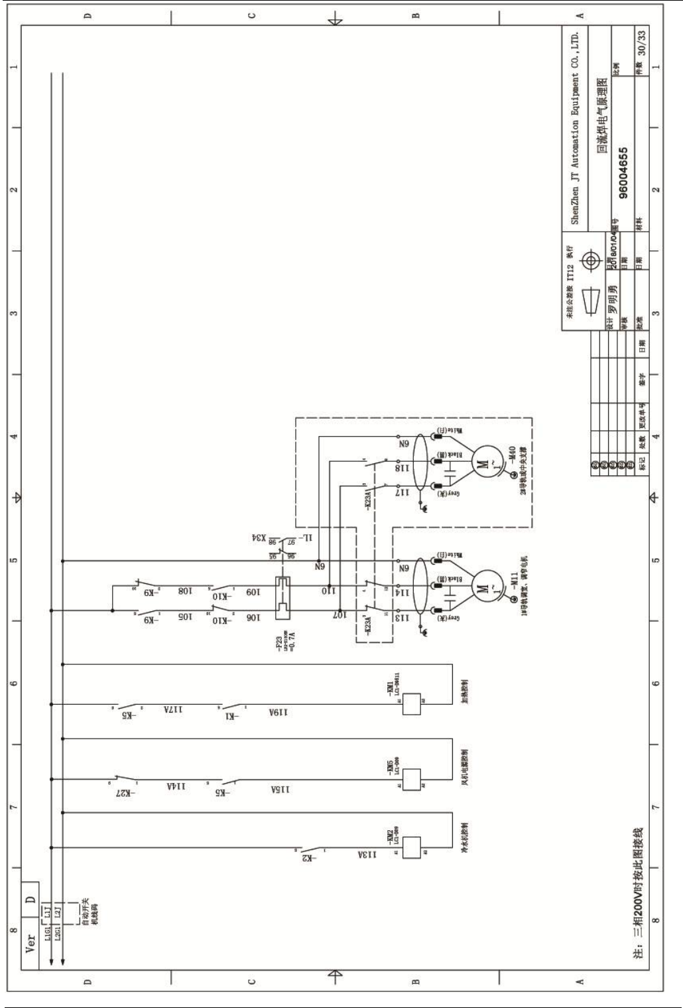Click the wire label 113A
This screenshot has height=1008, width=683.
pos(367,855)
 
